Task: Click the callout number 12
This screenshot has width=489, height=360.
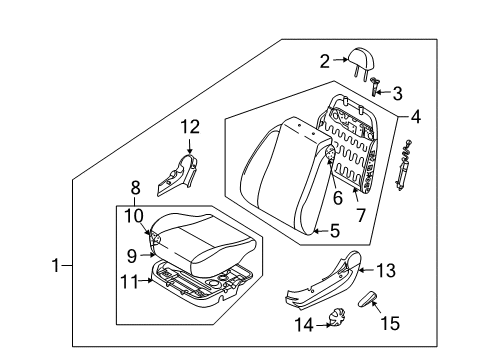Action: [189, 126]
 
